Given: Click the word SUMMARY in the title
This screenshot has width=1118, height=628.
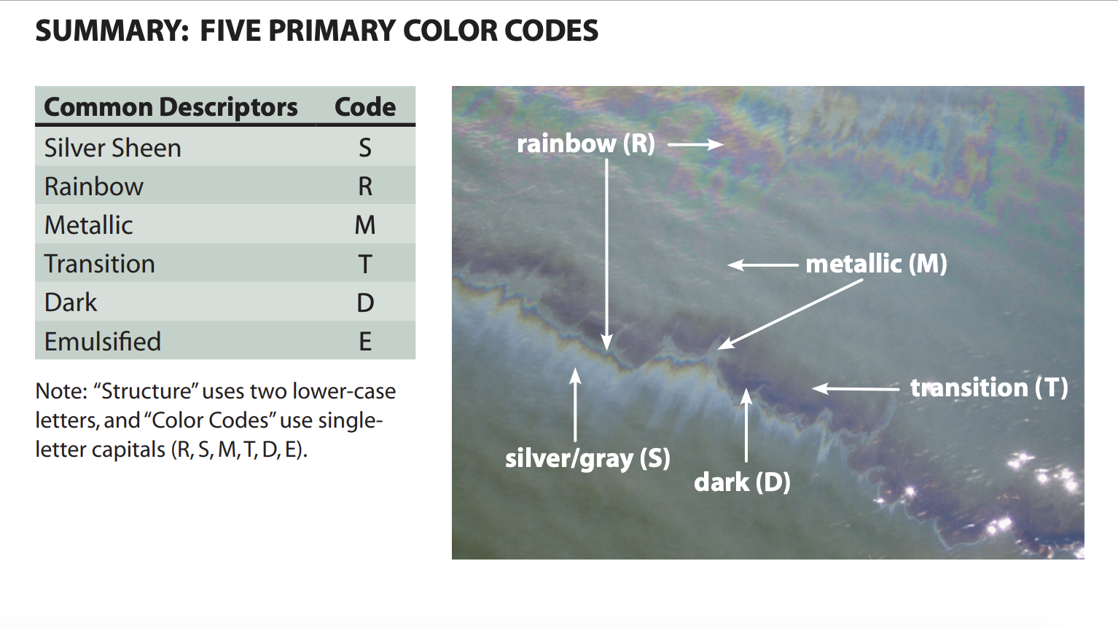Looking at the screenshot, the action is (x=112, y=31).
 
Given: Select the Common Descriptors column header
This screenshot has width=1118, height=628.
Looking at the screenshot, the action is (x=171, y=107).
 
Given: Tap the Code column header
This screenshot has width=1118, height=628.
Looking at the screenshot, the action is (x=365, y=107).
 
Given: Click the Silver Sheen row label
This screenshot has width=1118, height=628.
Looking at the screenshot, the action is (x=112, y=148).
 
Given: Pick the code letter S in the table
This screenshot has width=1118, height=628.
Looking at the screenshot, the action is (x=365, y=148).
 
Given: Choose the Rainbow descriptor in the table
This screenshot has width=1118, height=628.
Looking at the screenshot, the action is (x=94, y=187).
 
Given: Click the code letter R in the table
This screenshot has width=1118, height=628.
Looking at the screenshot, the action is (x=365, y=187).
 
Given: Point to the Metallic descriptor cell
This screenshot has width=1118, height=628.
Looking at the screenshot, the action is (x=88, y=225).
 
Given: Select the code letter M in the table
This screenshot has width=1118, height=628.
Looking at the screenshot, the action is (x=365, y=225).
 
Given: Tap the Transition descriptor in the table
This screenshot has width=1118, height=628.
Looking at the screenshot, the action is (x=99, y=264).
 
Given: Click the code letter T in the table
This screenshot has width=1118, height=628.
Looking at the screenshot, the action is (x=365, y=264).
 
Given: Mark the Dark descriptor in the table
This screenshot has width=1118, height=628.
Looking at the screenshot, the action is (x=71, y=302).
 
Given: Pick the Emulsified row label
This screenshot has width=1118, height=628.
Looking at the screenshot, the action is (x=102, y=342).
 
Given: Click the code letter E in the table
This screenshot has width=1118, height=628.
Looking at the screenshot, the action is (x=365, y=342).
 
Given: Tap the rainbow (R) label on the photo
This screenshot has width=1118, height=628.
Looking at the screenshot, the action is (x=586, y=145).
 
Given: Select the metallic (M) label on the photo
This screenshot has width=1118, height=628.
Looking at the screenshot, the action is (x=877, y=264).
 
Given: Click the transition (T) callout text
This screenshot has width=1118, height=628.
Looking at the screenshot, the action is (x=989, y=388).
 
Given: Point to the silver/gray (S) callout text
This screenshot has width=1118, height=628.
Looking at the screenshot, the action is (x=587, y=459).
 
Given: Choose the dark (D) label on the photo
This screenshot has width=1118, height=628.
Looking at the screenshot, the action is (x=742, y=482).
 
